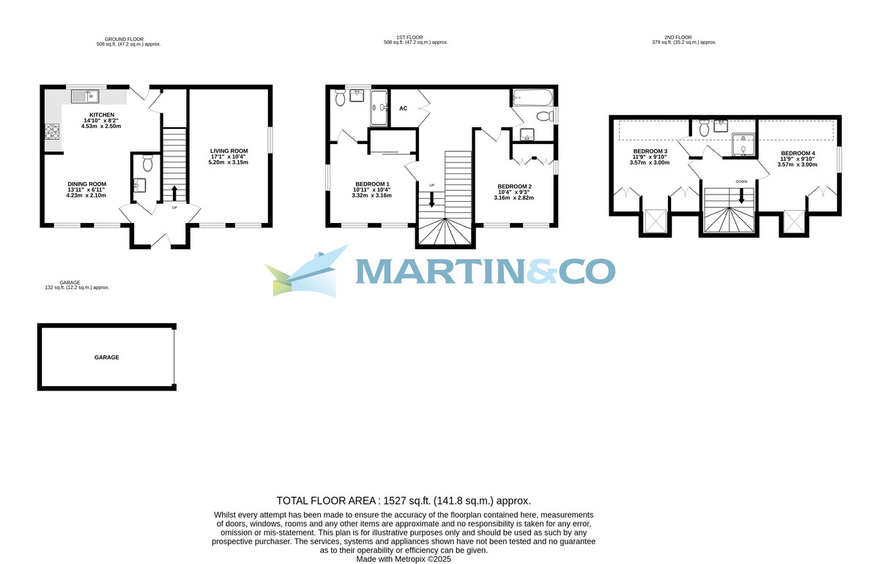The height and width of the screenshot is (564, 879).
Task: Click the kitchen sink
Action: pos(85,96)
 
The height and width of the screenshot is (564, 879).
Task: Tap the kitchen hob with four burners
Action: pos(52,132)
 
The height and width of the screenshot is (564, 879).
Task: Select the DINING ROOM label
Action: pos(86,184)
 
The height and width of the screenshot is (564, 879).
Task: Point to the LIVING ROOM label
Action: pos(229,151)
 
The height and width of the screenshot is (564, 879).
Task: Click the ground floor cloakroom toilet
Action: pos(147,163)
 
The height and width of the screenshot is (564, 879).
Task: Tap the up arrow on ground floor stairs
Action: pos(174,193)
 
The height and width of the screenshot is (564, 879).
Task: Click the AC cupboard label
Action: pos(404,108)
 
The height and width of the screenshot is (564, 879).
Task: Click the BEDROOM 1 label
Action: pos(372,184)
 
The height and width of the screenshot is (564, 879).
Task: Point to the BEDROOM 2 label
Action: pos(514,186)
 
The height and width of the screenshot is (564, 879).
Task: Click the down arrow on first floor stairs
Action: pos(431,199)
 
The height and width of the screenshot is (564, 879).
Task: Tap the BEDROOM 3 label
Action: pos(650,151)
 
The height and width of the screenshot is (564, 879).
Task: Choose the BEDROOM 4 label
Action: pos(798,153)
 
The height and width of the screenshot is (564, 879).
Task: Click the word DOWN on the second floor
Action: pos(741,182)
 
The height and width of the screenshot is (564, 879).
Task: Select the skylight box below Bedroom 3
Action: pos(656,221)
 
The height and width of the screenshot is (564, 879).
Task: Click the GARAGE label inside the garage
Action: pos(107,358)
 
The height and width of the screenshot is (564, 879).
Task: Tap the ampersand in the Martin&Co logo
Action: pos(541,271)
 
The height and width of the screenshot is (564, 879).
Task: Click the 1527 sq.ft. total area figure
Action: pos(407,501)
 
